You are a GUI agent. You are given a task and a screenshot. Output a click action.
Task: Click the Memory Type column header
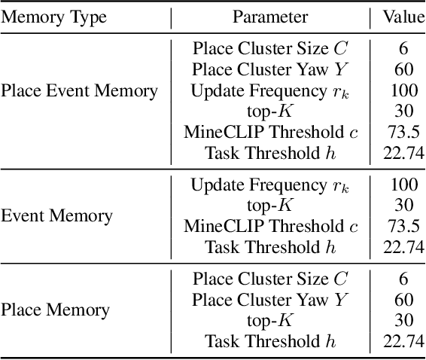click(53, 17)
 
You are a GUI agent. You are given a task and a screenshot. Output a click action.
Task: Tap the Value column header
click(403, 17)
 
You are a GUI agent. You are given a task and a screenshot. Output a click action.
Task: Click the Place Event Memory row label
click(79, 91)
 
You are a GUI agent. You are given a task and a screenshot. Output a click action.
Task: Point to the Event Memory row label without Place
click(57, 216)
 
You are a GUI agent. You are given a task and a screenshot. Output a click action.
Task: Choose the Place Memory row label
click(55, 310)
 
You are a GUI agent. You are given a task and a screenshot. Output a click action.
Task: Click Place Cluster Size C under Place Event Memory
click(270, 50)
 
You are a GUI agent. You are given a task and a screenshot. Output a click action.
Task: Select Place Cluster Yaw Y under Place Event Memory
click(270, 70)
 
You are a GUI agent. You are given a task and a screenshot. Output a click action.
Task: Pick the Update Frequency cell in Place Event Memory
click(270, 91)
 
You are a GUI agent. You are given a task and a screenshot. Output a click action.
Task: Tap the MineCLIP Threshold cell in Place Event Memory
click(270, 133)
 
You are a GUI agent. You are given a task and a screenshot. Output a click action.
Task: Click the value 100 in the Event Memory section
click(403, 185)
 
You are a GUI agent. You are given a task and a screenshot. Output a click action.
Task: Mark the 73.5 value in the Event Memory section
click(403, 226)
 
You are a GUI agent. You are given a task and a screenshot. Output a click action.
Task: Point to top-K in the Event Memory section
click(270, 205)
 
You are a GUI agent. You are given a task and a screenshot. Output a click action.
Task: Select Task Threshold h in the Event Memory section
click(270, 247)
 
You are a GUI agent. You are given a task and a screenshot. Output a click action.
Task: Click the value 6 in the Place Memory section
click(403, 278)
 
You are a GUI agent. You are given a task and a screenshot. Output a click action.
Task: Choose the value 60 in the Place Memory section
click(403, 299)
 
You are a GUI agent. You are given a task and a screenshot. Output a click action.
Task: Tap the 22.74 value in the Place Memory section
click(403, 340)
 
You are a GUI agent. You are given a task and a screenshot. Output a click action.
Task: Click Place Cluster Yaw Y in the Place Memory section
click(270, 299)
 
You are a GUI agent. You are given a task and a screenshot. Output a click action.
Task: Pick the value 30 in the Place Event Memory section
click(403, 111)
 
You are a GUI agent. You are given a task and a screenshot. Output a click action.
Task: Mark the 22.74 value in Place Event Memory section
click(403, 154)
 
